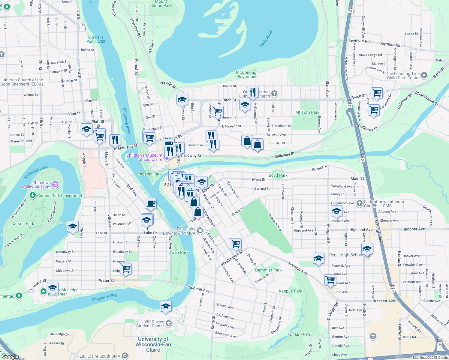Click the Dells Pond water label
[266, 39]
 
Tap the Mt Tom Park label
[307, 112]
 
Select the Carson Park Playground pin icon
[33, 195]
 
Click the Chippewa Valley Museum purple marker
[55, 184]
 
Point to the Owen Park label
[178, 252]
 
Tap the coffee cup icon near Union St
[151, 203]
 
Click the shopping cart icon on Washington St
[236, 244]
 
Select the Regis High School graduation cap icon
[367, 249]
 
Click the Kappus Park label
[290, 291]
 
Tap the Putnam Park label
[299, 334]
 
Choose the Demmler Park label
[268, 270]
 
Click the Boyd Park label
[278, 175]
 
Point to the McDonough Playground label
[247, 74]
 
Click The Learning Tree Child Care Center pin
[424, 75]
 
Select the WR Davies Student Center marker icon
[169, 323]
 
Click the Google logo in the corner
[10, 356]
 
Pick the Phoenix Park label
[149, 174]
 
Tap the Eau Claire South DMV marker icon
[125, 356]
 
